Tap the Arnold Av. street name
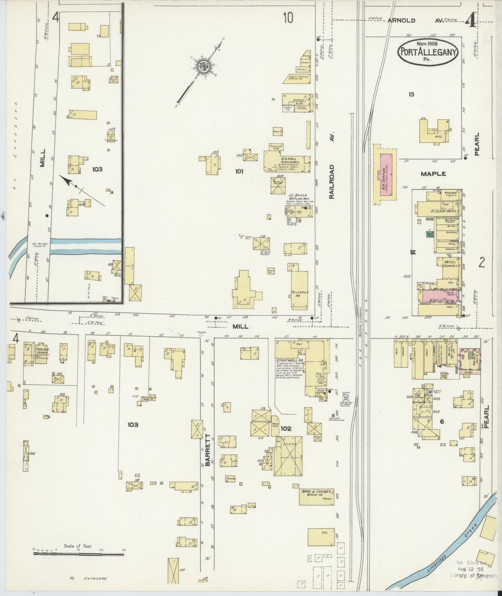click(x=416, y=21)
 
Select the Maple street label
click(x=433, y=174)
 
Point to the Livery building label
click(x=289, y=445)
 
